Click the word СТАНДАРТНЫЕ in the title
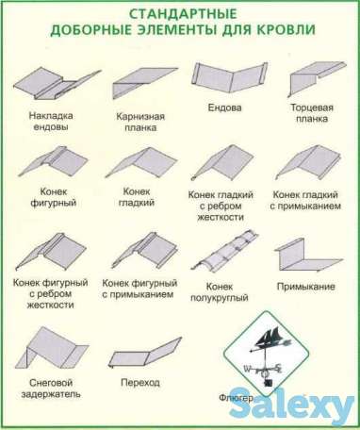pos(180,13)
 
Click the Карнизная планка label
pos(141,122)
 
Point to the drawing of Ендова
pos(223,79)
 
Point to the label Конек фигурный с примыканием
pos(139,289)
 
